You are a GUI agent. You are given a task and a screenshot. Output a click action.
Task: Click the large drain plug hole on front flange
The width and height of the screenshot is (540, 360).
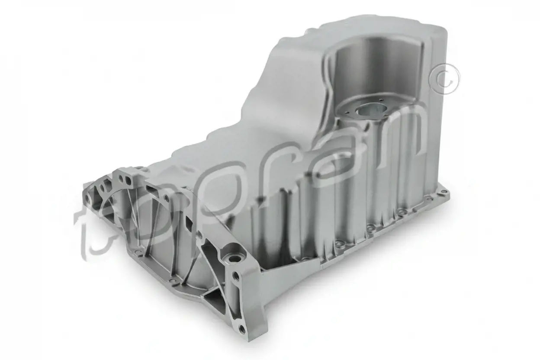[233, 260]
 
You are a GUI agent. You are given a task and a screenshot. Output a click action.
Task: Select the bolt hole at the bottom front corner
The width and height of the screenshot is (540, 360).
[242, 329]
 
